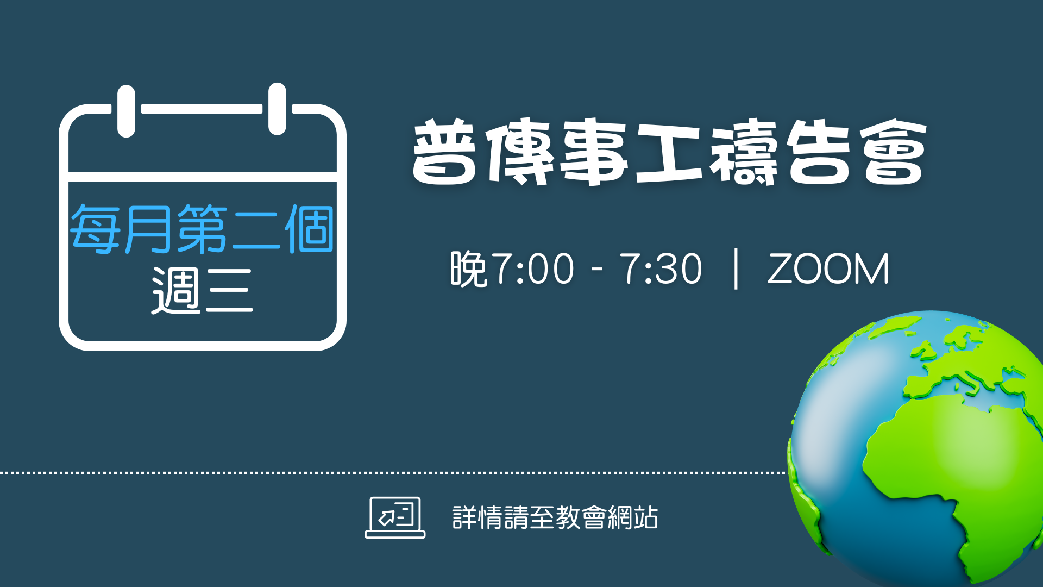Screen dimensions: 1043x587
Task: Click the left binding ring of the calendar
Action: coord(126,111)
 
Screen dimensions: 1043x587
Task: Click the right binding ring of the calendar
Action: coord(277,109)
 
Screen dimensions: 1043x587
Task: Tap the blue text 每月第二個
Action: coord(202,229)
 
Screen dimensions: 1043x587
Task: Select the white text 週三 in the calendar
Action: coord(202,290)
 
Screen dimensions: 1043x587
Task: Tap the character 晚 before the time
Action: coord(468,268)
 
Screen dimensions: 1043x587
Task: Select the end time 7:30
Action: coord(661,268)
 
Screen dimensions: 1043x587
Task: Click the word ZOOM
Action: coord(828,268)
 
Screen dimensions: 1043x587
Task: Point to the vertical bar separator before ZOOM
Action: coord(736,268)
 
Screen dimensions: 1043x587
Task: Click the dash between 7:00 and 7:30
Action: coord(597,269)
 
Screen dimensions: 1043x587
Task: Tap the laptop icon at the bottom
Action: coord(395,517)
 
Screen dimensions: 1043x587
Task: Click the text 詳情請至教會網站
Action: coord(555,517)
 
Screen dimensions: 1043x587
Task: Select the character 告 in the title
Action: coord(819,152)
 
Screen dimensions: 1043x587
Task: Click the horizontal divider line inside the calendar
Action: coord(203,177)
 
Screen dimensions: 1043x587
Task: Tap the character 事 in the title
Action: coord(595,152)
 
